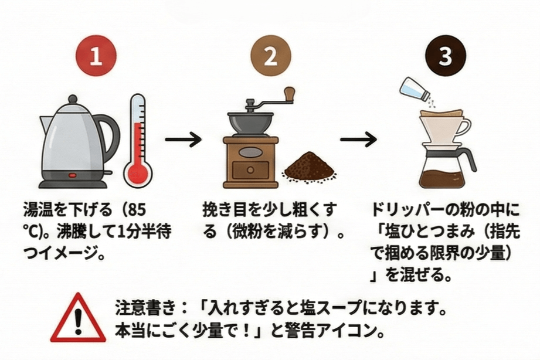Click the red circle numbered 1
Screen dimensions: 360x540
click(99, 57)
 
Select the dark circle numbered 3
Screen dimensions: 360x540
click(444, 57)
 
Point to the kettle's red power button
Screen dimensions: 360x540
click(73, 174)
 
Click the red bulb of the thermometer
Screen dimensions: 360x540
click(138, 173)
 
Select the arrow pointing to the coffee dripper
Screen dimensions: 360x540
click(358, 140)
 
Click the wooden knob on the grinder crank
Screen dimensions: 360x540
click(289, 94)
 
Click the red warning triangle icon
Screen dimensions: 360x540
click(77, 320)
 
